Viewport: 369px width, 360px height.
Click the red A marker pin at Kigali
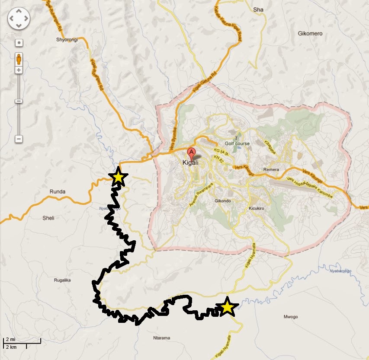[191, 153]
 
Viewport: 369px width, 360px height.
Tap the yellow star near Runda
[118, 177]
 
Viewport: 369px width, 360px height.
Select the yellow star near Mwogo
[227, 307]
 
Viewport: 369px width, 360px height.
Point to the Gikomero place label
[310, 33]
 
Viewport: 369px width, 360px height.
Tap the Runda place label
[57, 190]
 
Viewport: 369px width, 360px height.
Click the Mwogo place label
[290, 317]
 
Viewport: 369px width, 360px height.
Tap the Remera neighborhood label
[272, 170]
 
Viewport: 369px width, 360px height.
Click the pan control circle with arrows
[19, 19]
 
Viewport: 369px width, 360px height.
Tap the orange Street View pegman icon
[19, 58]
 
